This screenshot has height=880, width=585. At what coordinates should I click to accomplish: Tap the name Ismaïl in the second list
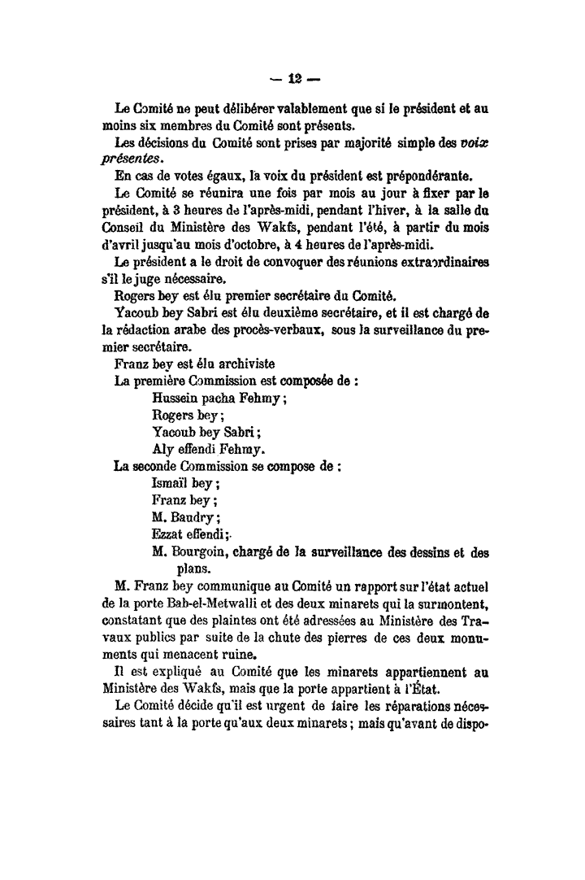(x=170, y=483)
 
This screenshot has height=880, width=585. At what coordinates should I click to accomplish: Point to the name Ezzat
(x=167, y=534)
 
